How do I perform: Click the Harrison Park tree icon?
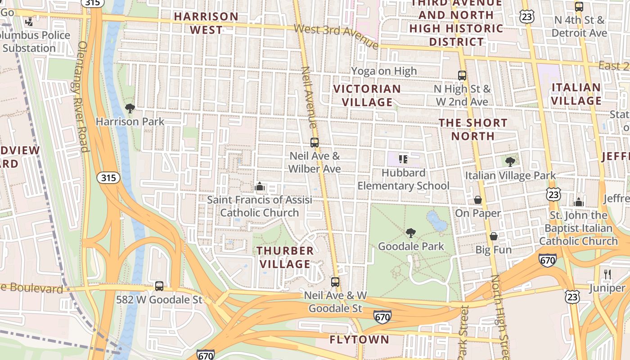(x=130, y=108)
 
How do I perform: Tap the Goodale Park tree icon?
(x=410, y=233)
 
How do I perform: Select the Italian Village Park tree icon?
(x=510, y=162)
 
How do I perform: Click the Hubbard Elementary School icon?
(x=403, y=159)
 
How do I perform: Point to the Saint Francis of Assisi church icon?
(x=259, y=186)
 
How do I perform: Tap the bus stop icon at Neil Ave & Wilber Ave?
(x=315, y=143)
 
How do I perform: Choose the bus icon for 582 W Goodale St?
(x=159, y=286)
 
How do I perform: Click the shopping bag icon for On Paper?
(x=477, y=199)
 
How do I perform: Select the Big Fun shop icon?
(x=494, y=236)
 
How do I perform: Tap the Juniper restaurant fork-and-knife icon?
(x=607, y=274)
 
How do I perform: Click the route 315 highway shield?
(x=108, y=178)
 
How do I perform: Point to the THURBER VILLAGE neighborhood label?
(x=285, y=257)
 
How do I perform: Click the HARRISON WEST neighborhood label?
(x=206, y=23)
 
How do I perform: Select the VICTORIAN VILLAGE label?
(x=367, y=95)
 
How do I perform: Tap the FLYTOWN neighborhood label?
(x=359, y=339)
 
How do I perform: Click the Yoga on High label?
(x=384, y=71)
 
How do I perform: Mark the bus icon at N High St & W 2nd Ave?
(x=462, y=76)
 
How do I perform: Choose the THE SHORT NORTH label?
(x=473, y=129)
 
